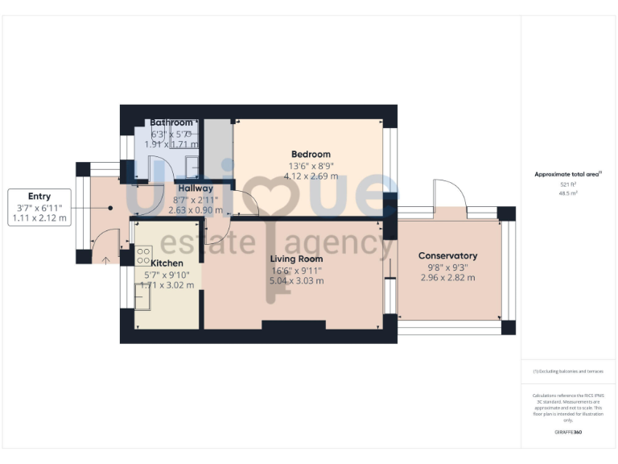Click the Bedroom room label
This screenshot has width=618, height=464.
tap(310, 155)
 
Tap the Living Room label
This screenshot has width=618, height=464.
tap(296, 259)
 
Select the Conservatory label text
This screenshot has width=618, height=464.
tap(447, 256)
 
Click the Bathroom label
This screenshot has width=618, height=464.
tap(171, 122)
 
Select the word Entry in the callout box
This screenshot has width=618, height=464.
tap(39, 196)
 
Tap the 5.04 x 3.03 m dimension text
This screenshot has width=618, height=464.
tap(296, 281)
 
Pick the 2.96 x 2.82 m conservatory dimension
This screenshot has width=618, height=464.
tap(447, 278)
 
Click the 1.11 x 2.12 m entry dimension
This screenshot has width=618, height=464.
tap(39, 218)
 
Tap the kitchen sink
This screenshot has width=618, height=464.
tap(143, 300)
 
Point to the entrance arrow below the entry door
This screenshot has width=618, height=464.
tap(108, 259)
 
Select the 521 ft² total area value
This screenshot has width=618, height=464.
tap(567, 184)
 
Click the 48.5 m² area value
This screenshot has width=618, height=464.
tap(567, 193)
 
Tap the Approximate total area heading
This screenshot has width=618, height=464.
tap(568, 174)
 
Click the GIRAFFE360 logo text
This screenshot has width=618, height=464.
tap(567, 433)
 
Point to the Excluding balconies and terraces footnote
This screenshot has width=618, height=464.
tap(568, 371)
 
